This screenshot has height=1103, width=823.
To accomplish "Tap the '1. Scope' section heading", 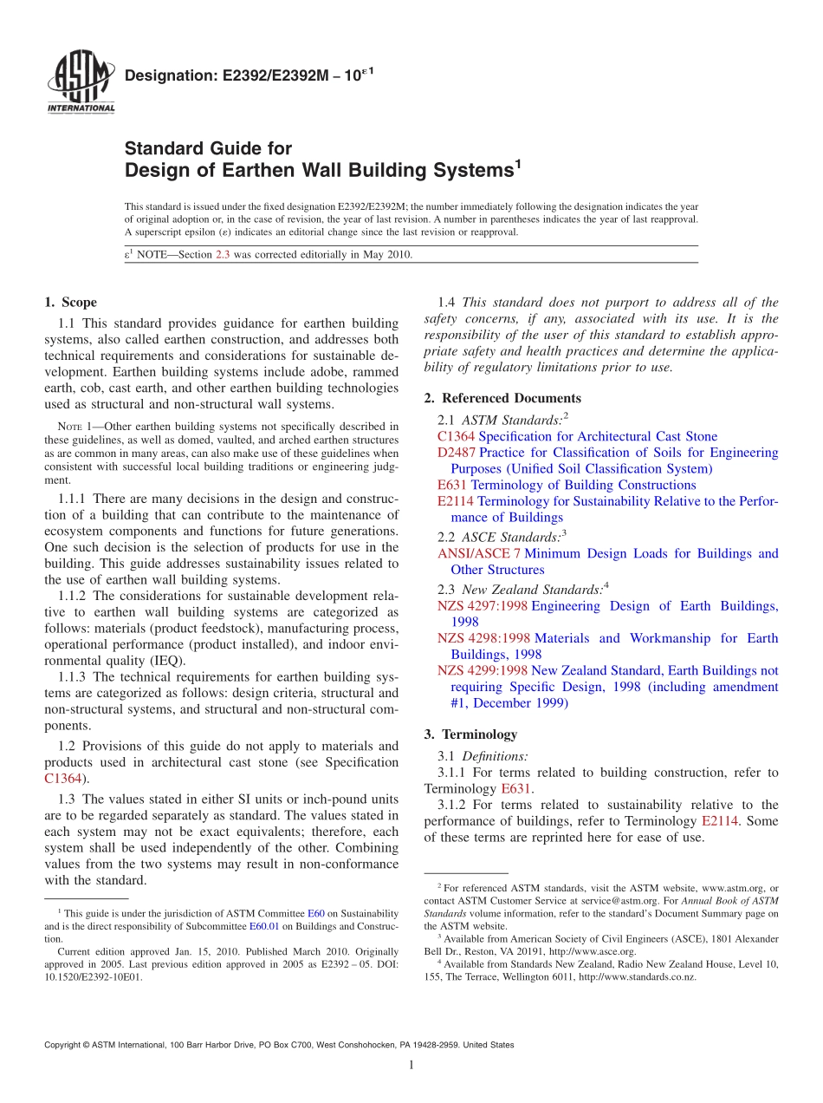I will (70, 303).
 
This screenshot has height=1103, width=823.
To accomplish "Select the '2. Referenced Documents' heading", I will (502, 398).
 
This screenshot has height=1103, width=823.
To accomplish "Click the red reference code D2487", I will (457, 453).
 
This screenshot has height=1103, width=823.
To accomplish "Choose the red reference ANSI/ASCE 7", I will (479, 553).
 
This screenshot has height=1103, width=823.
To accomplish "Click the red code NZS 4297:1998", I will (483, 606).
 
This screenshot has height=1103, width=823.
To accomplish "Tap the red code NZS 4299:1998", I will (483, 670).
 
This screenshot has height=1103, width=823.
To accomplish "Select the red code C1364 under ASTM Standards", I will (456, 436).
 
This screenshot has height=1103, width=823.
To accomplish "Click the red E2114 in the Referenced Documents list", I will (456, 501).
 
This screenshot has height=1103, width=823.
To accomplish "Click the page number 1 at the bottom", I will (411, 1066).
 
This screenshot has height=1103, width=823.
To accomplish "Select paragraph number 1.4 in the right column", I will (446, 303).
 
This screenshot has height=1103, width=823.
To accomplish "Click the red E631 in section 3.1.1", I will (516, 789).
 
